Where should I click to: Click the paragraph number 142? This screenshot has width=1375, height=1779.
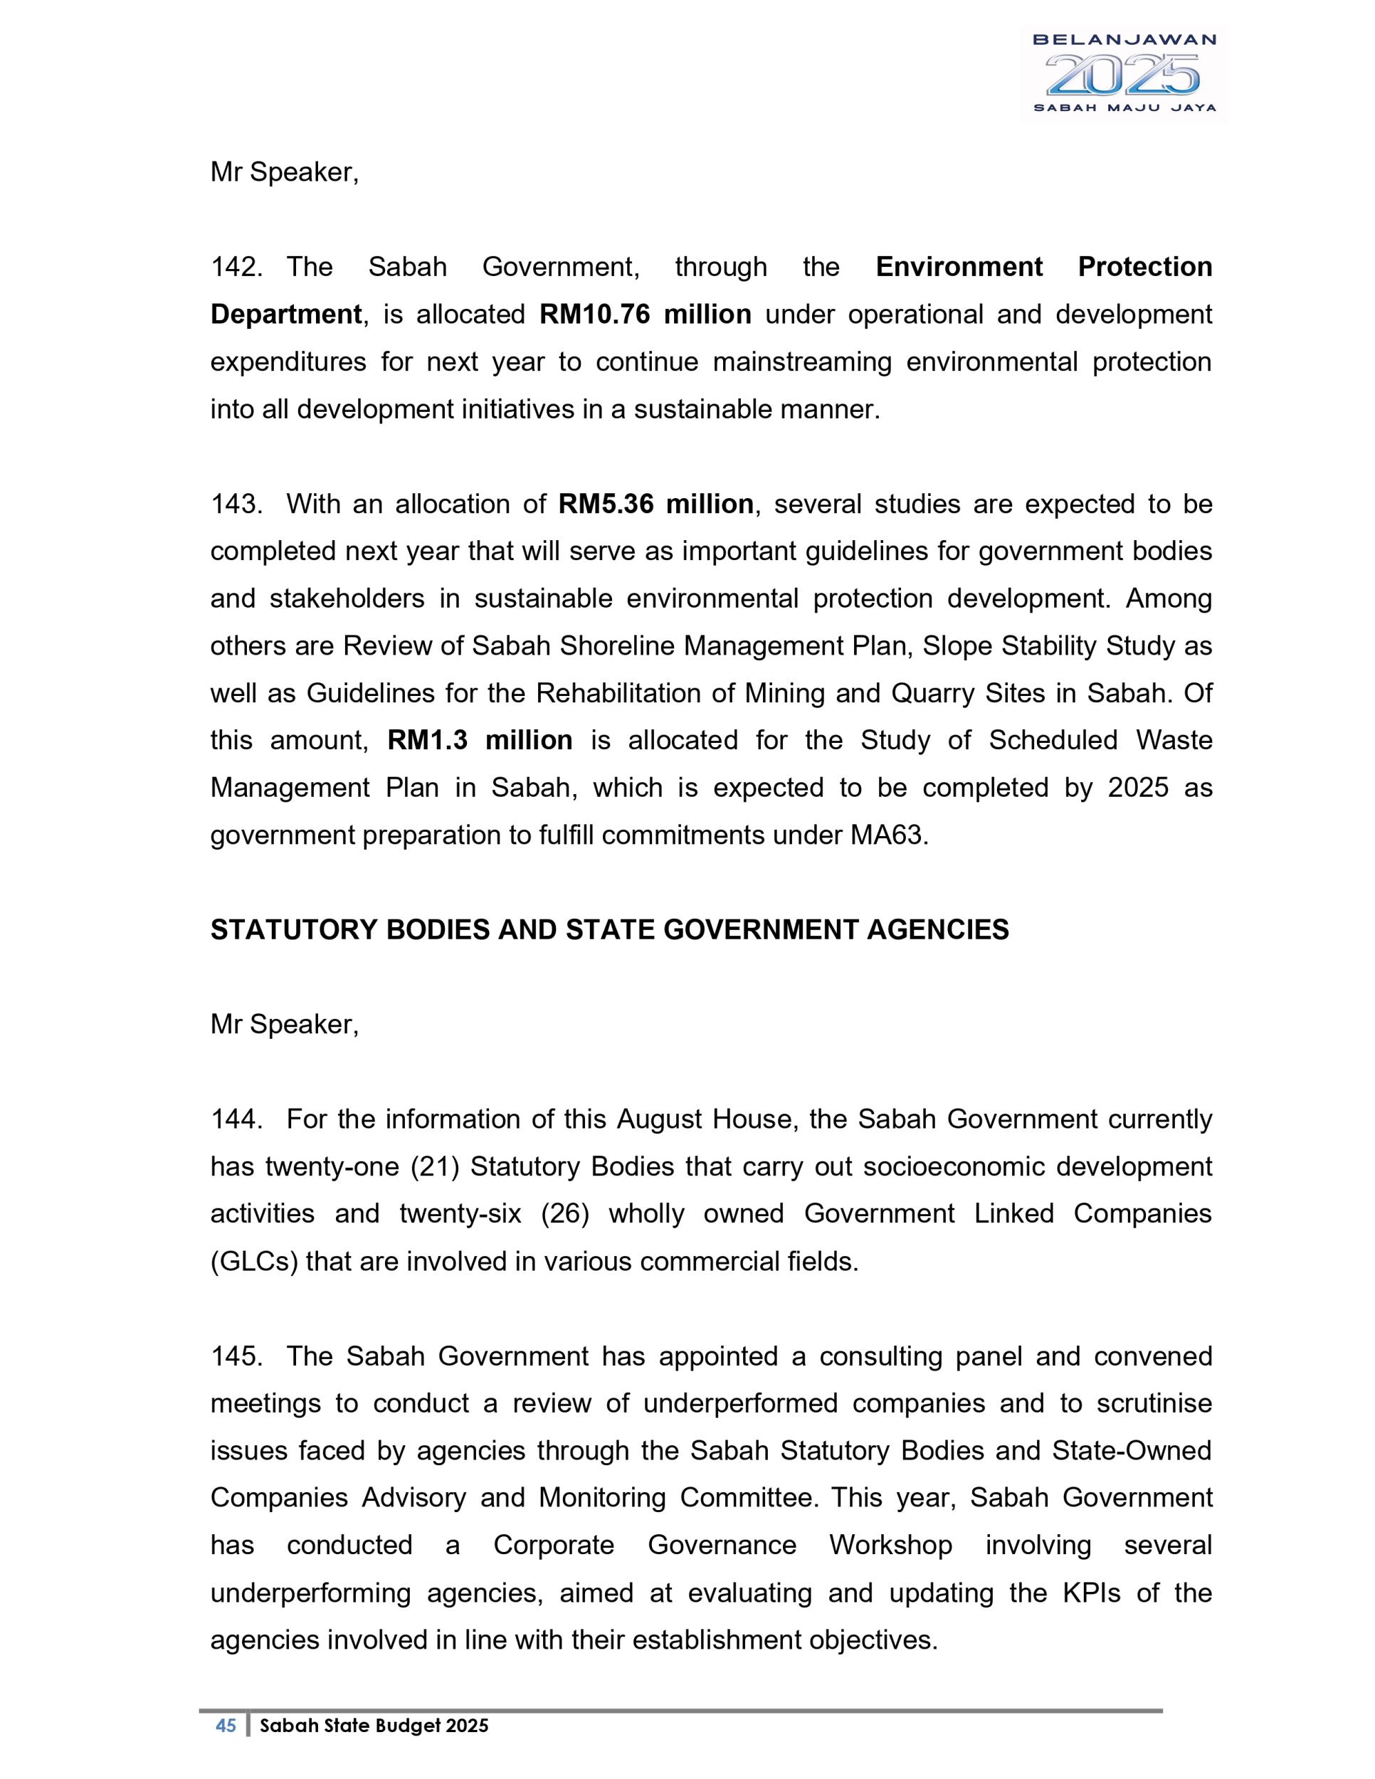point(236,267)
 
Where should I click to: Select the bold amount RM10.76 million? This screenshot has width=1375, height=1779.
point(644,315)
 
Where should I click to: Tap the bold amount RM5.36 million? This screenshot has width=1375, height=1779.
point(655,505)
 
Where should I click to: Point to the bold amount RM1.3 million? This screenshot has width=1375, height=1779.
point(479,741)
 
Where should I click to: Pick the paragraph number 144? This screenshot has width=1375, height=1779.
point(236,1119)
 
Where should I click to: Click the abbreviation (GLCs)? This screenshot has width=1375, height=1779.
point(254,1261)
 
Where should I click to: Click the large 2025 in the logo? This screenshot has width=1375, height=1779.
point(1122,75)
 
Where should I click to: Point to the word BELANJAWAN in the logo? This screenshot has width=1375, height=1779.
point(1123,40)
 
